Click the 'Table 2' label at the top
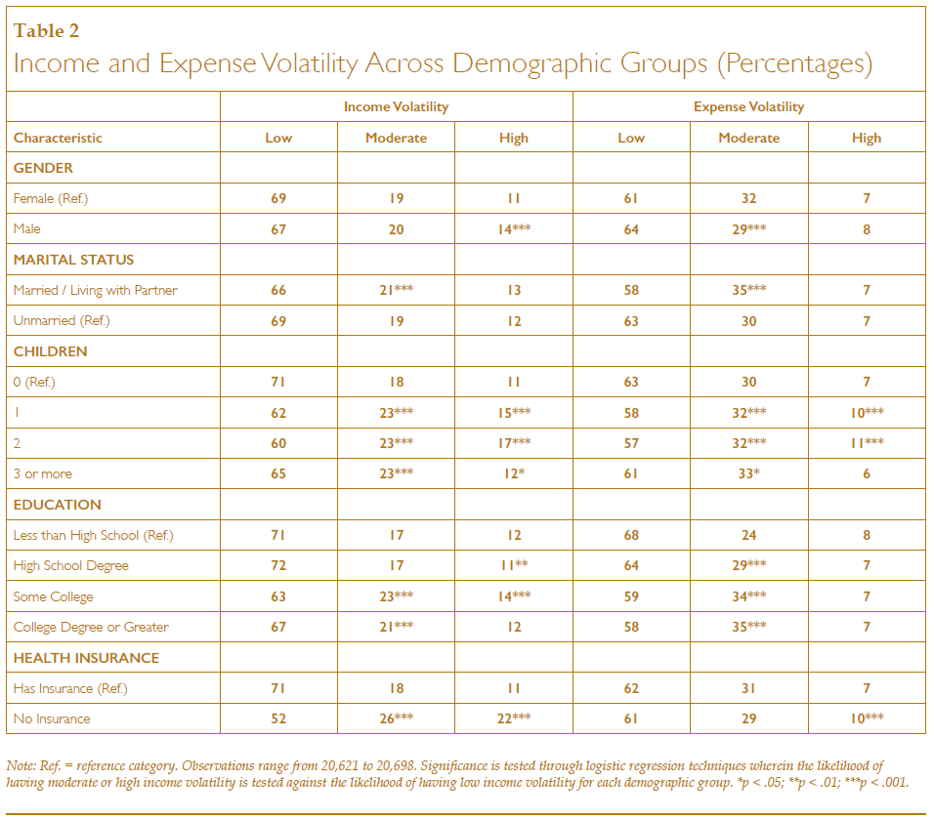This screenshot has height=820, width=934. [46, 30]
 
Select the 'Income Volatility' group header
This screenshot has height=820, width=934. [396, 106]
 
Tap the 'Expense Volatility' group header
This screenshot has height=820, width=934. [748, 106]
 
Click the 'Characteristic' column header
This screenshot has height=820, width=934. [58, 138]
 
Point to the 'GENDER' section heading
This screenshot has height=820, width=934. [43, 168]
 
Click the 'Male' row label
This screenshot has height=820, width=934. [26, 228]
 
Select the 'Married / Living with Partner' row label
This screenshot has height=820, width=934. [96, 290]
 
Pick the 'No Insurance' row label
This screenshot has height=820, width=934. [52, 718]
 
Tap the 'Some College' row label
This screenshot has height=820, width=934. [53, 596]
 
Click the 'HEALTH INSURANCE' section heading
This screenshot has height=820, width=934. [86, 658]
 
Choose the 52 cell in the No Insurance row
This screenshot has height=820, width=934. [278, 718]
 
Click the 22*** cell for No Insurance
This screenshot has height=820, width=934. [514, 718]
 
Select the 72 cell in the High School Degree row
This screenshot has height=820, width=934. [278, 565]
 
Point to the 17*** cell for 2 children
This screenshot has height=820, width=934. [514, 443]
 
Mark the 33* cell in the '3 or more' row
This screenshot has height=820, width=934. [748, 473]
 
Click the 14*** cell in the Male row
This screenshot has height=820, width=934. [514, 229]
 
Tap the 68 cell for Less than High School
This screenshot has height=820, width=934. [631, 535]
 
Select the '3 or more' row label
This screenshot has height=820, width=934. [42, 473]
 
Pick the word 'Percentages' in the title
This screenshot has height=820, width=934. [794, 63]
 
